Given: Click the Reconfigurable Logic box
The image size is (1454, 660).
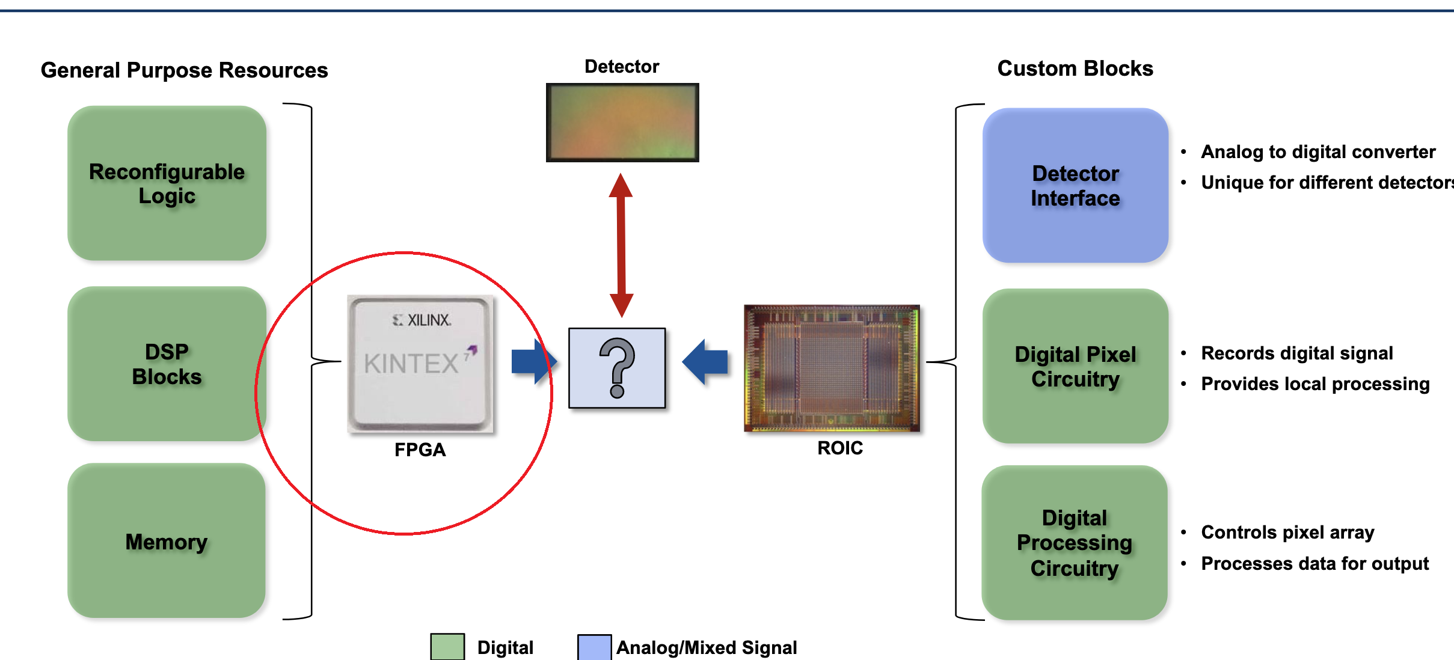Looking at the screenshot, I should [x=167, y=183].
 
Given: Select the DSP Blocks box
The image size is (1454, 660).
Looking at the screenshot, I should [x=167, y=364].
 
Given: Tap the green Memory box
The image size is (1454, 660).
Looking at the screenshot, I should [x=167, y=541].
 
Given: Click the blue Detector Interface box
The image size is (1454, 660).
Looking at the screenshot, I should [x=1075, y=185].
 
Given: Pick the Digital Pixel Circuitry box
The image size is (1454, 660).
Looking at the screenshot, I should [x=1075, y=366].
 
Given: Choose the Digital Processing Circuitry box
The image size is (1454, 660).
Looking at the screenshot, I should [x=1075, y=543].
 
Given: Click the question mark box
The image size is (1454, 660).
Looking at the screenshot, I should [x=617, y=368].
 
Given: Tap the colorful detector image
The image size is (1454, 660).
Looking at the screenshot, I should [x=622, y=123].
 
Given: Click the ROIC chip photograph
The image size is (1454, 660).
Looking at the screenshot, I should [x=832, y=368].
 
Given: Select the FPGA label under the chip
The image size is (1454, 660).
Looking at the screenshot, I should [x=420, y=450].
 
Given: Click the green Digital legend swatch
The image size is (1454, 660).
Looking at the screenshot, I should [x=447, y=647].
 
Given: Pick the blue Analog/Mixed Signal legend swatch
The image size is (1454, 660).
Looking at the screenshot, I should [x=594, y=647].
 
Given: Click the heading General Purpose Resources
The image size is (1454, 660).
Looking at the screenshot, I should [x=184, y=70].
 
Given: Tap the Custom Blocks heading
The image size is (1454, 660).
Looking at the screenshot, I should [x=1075, y=69].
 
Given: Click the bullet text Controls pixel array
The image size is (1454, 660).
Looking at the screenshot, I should [x=1287, y=532].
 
